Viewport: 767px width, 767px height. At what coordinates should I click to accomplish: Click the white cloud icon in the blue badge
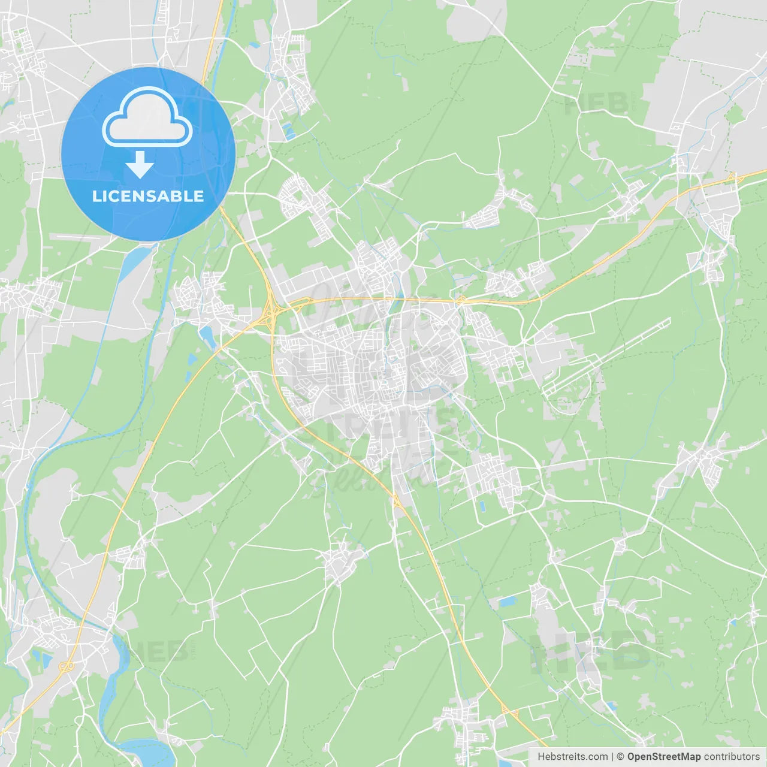pos(147,117)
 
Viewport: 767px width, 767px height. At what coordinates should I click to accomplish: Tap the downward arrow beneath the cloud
pos(140,164)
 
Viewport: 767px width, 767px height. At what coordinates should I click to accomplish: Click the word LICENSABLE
pos(147,196)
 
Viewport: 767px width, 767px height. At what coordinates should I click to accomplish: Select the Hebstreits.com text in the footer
pos(572,757)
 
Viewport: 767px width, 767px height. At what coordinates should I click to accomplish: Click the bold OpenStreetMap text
pos(663,757)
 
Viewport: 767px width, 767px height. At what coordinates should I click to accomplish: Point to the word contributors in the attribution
pos(732,757)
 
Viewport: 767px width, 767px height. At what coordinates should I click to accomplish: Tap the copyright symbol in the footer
pos(620,757)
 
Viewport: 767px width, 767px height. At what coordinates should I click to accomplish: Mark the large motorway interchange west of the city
pos(271,309)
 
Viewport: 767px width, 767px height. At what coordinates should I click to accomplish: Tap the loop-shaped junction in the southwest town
pos(66,666)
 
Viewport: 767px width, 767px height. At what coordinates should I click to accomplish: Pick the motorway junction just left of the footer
pos(510,711)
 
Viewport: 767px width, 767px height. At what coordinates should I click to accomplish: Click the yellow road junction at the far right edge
pos(732,177)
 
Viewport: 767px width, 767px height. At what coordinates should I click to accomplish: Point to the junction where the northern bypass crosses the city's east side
pos(461,300)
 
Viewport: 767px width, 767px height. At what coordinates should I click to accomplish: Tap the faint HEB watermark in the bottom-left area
pos(161,651)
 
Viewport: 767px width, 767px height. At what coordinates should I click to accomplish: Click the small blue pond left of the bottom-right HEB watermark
pos(507,601)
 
